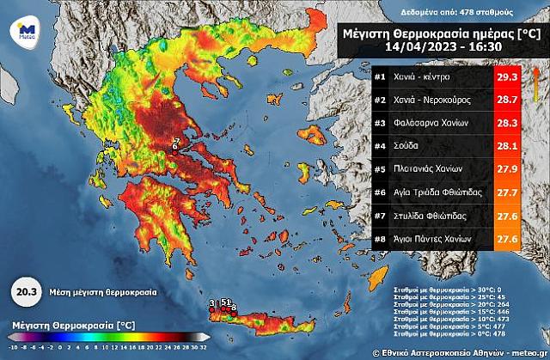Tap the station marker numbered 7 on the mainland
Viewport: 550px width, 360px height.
(x=178, y=140)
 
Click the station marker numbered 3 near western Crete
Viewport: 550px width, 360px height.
(x=211, y=302)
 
